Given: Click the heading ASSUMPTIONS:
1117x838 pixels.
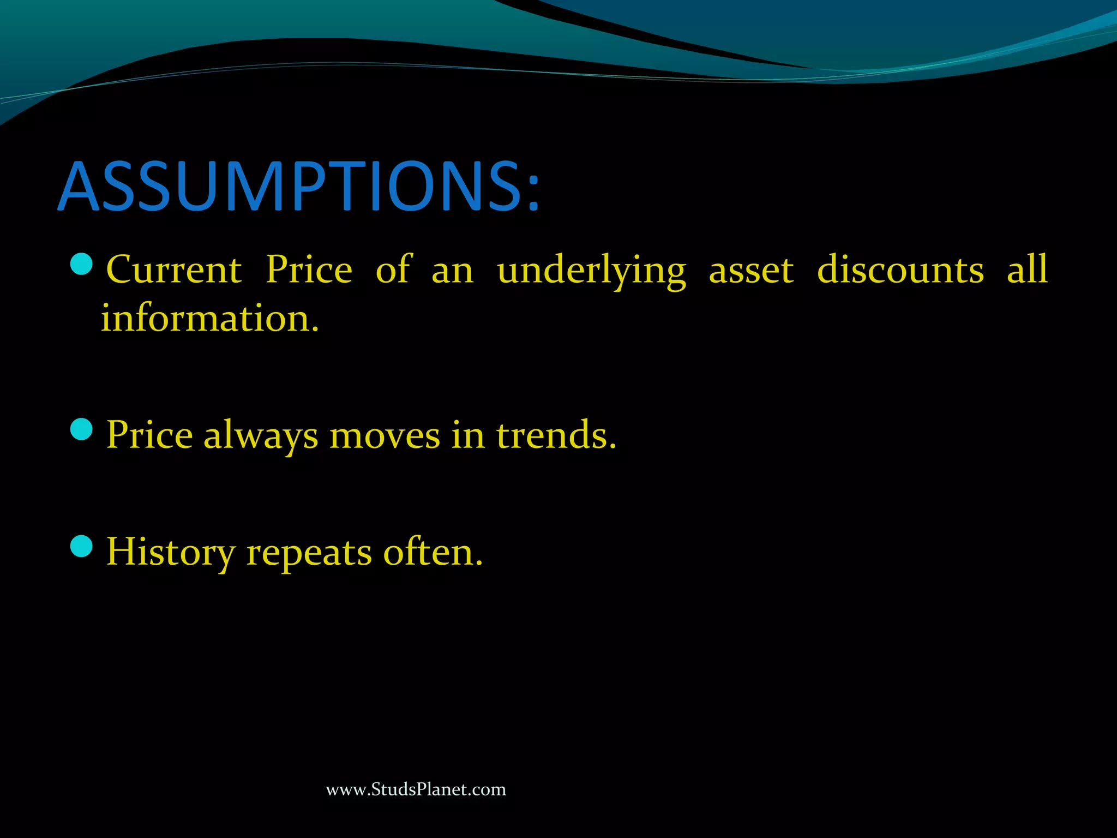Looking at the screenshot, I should pyautogui.click(x=298, y=187).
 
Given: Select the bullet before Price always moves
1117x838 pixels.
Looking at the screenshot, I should pyautogui.click(x=82, y=429).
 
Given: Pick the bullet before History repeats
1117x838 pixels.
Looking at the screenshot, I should pyautogui.click(x=82, y=546).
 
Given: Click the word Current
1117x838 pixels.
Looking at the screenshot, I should pyautogui.click(x=174, y=270).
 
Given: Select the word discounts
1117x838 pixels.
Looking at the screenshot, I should pyautogui.click(x=900, y=270).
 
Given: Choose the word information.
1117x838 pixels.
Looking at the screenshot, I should pyautogui.click(x=210, y=318).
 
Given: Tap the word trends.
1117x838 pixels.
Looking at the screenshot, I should pyautogui.click(x=556, y=435).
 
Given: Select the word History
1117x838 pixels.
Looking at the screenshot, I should pyautogui.click(x=170, y=553).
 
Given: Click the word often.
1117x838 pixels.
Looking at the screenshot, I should pyautogui.click(x=433, y=552).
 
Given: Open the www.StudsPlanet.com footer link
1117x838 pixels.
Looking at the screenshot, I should pyautogui.click(x=416, y=789).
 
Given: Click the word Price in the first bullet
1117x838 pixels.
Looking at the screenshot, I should pyautogui.click(x=309, y=270).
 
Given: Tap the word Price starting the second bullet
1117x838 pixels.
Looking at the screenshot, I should pyautogui.click(x=149, y=435).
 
